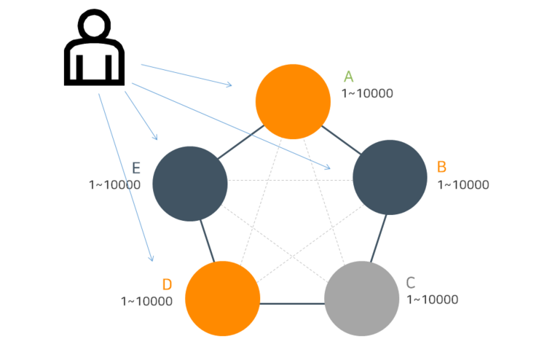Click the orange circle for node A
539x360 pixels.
[x=293, y=101]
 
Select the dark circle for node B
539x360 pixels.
[x=390, y=177]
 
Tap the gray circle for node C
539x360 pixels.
[x=361, y=298]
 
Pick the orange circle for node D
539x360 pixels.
[x=222, y=298]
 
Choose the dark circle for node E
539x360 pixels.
[x=190, y=184]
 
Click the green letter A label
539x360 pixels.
[x=348, y=77]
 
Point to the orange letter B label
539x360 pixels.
[x=441, y=167]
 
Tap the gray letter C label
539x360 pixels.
[x=411, y=283]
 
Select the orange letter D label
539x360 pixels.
[x=167, y=284]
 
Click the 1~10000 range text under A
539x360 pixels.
[x=367, y=93]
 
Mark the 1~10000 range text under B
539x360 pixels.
[x=463, y=184]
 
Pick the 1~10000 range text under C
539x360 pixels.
[x=432, y=300]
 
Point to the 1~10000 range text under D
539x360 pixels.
[x=146, y=300]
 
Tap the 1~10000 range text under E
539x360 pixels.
[x=114, y=185]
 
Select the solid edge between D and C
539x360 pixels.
[x=292, y=303]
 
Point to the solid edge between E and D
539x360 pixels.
[x=208, y=241]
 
